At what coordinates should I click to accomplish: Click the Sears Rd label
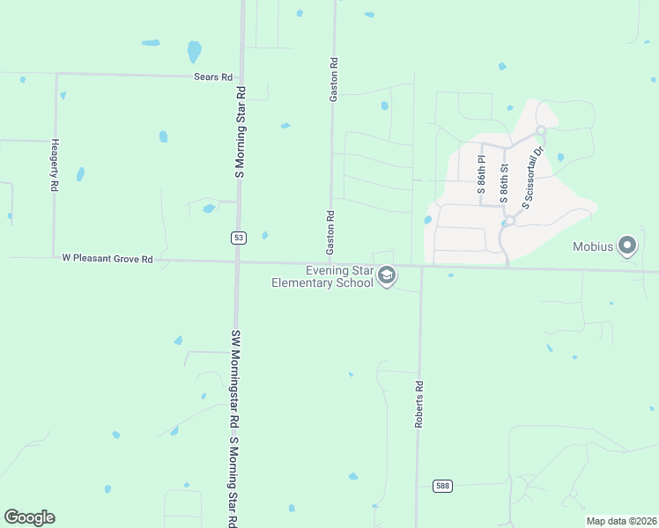tap(212, 77)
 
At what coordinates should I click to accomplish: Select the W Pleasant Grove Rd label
tap(107, 260)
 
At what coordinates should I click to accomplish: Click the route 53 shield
tap(238, 238)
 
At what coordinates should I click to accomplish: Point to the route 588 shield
tap(444, 486)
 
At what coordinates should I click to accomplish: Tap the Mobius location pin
tap(627, 246)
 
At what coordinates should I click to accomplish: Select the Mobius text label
tap(593, 247)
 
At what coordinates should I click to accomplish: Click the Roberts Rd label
tap(420, 404)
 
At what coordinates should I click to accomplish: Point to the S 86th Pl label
tap(482, 175)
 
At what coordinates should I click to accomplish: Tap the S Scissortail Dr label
tap(535, 176)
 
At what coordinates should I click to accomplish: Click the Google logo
tap(29, 517)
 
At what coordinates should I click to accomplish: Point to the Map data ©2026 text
tap(621, 521)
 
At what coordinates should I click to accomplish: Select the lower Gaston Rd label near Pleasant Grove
tap(330, 233)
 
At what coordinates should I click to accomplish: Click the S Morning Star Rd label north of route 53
tap(239, 132)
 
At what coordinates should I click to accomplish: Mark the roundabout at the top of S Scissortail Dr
tap(541, 132)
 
